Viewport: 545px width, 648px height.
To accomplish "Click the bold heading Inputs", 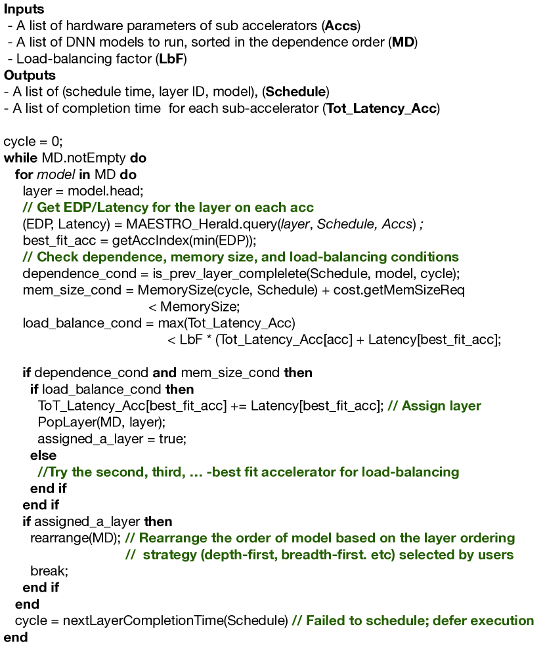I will coord(24,9).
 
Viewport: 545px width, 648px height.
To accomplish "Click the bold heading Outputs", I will coord(30,75).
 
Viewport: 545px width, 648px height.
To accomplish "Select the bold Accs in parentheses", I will coord(341,26).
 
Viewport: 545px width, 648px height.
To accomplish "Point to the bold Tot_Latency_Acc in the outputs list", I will coord(380,108).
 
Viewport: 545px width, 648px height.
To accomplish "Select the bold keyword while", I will coord(20,158).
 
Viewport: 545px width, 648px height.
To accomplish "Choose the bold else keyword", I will coord(43,455).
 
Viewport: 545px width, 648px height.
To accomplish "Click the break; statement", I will coord(49,571).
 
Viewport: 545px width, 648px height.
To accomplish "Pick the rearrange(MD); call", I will coord(76,538).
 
